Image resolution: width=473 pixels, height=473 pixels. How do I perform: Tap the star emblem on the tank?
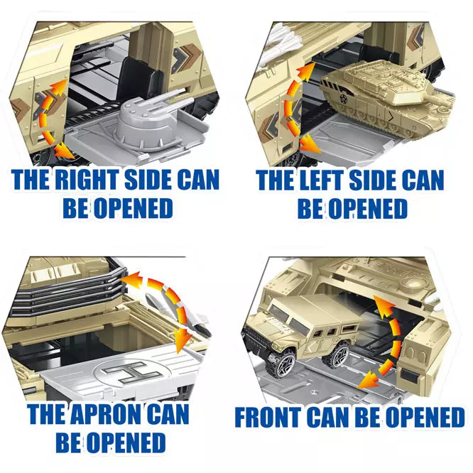[343, 98]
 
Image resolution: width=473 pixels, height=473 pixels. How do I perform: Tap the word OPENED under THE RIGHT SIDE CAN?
[133, 208]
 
